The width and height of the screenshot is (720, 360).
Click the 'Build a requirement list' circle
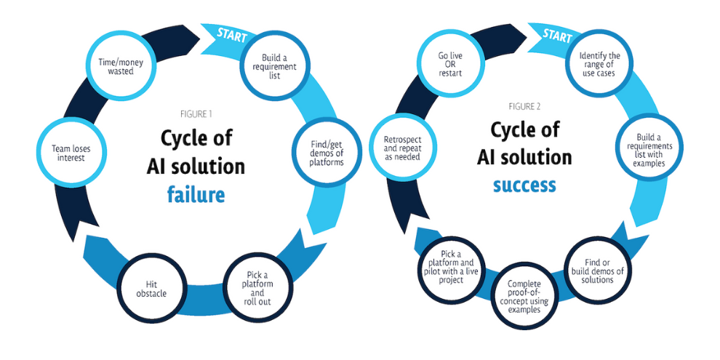[271, 65]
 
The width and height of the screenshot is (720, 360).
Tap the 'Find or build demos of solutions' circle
[600, 269]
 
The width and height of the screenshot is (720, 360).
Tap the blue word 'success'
[524, 185]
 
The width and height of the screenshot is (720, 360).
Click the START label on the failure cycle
[232, 33]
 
